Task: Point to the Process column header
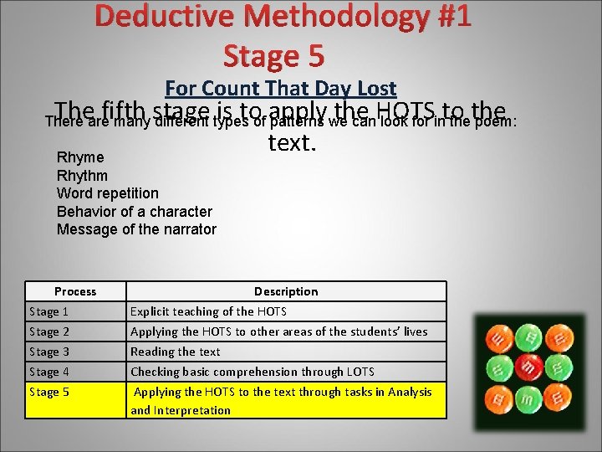click(x=75, y=291)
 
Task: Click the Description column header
click(x=286, y=291)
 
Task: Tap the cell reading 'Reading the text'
click(x=176, y=352)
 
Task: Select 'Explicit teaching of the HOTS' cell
click(x=208, y=311)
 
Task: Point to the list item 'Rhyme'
click(x=80, y=157)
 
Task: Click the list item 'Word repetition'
click(x=107, y=193)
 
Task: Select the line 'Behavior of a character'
click(x=134, y=212)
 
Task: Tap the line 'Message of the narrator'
click(x=136, y=229)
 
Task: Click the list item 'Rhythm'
click(x=82, y=176)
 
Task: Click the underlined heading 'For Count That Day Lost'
click(x=281, y=88)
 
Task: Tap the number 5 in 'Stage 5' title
click(x=314, y=55)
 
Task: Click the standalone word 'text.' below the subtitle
click(x=292, y=143)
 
